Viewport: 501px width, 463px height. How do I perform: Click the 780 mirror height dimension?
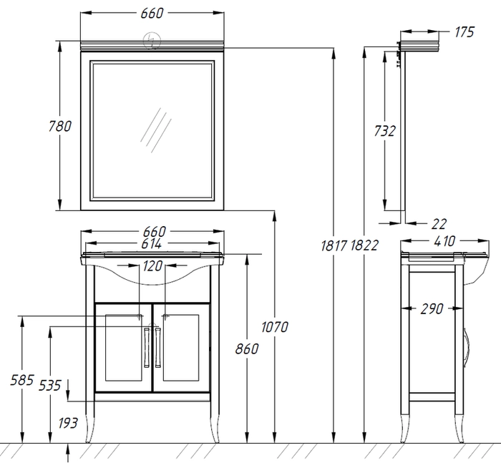click(59, 126)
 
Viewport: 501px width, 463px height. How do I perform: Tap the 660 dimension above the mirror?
click(152, 13)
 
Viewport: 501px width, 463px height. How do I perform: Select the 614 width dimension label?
click(152, 244)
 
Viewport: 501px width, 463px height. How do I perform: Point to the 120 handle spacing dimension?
click(152, 265)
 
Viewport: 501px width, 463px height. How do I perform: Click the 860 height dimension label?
click(247, 349)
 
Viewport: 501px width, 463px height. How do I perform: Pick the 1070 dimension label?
click(274, 327)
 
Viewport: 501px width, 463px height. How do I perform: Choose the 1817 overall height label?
click(334, 245)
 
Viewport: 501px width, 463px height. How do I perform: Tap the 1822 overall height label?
click(364, 245)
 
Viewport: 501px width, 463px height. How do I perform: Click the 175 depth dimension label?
click(464, 32)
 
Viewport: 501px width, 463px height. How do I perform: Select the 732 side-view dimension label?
click(385, 131)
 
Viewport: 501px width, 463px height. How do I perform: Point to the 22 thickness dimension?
click(438, 224)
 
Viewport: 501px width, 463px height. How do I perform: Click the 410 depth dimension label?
click(444, 241)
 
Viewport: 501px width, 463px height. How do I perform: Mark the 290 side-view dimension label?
click(432, 308)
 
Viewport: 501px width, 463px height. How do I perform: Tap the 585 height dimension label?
click(22, 380)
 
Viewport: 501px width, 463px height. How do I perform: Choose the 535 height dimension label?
click(49, 385)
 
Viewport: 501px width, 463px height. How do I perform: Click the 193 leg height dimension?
click(68, 423)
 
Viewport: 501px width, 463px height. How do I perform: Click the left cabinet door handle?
click(147, 348)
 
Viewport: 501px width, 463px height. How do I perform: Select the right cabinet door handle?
click(158, 348)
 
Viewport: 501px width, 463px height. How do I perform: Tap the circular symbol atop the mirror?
click(152, 41)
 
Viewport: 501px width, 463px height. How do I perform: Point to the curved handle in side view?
click(467, 346)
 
